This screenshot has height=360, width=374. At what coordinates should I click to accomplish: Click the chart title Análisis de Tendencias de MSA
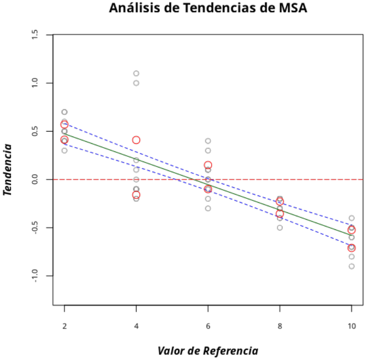click(208, 8)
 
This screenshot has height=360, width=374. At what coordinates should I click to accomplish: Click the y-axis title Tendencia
click(7, 169)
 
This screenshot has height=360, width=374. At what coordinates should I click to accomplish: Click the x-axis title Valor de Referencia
click(208, 351)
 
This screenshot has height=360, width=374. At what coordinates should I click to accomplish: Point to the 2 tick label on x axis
click(64, 326)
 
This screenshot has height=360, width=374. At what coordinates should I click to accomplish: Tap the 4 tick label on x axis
click(136, 326)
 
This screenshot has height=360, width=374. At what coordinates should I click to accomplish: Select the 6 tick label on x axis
click(208, 326)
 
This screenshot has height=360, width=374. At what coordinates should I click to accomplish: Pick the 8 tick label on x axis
click(280, 326)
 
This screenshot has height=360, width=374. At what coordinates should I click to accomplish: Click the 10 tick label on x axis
click(351, 326)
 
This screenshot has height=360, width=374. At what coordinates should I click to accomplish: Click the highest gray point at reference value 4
click(136, 74)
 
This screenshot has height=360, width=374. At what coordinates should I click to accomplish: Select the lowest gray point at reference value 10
click(352, 266)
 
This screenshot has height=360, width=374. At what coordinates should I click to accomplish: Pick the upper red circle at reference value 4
click(136, 140)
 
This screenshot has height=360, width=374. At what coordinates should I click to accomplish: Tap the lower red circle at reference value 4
click(136, 195)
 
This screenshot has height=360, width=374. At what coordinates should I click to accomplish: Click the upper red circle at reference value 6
click(208, 165)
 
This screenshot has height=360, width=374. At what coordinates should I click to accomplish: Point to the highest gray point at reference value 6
click(208, 141)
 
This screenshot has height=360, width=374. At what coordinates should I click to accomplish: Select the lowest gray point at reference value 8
click(280, 227)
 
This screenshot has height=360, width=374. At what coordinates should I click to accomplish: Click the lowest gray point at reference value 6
click(208, 209)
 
